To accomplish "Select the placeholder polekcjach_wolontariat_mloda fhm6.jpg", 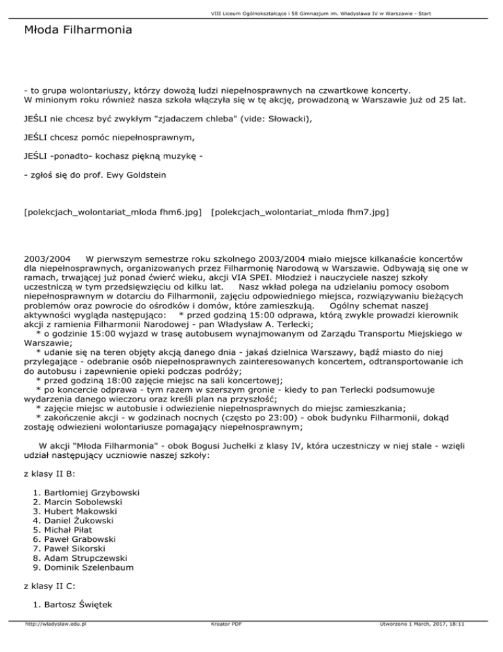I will [112, 212].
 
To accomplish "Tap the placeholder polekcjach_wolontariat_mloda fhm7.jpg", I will [301, 212].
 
